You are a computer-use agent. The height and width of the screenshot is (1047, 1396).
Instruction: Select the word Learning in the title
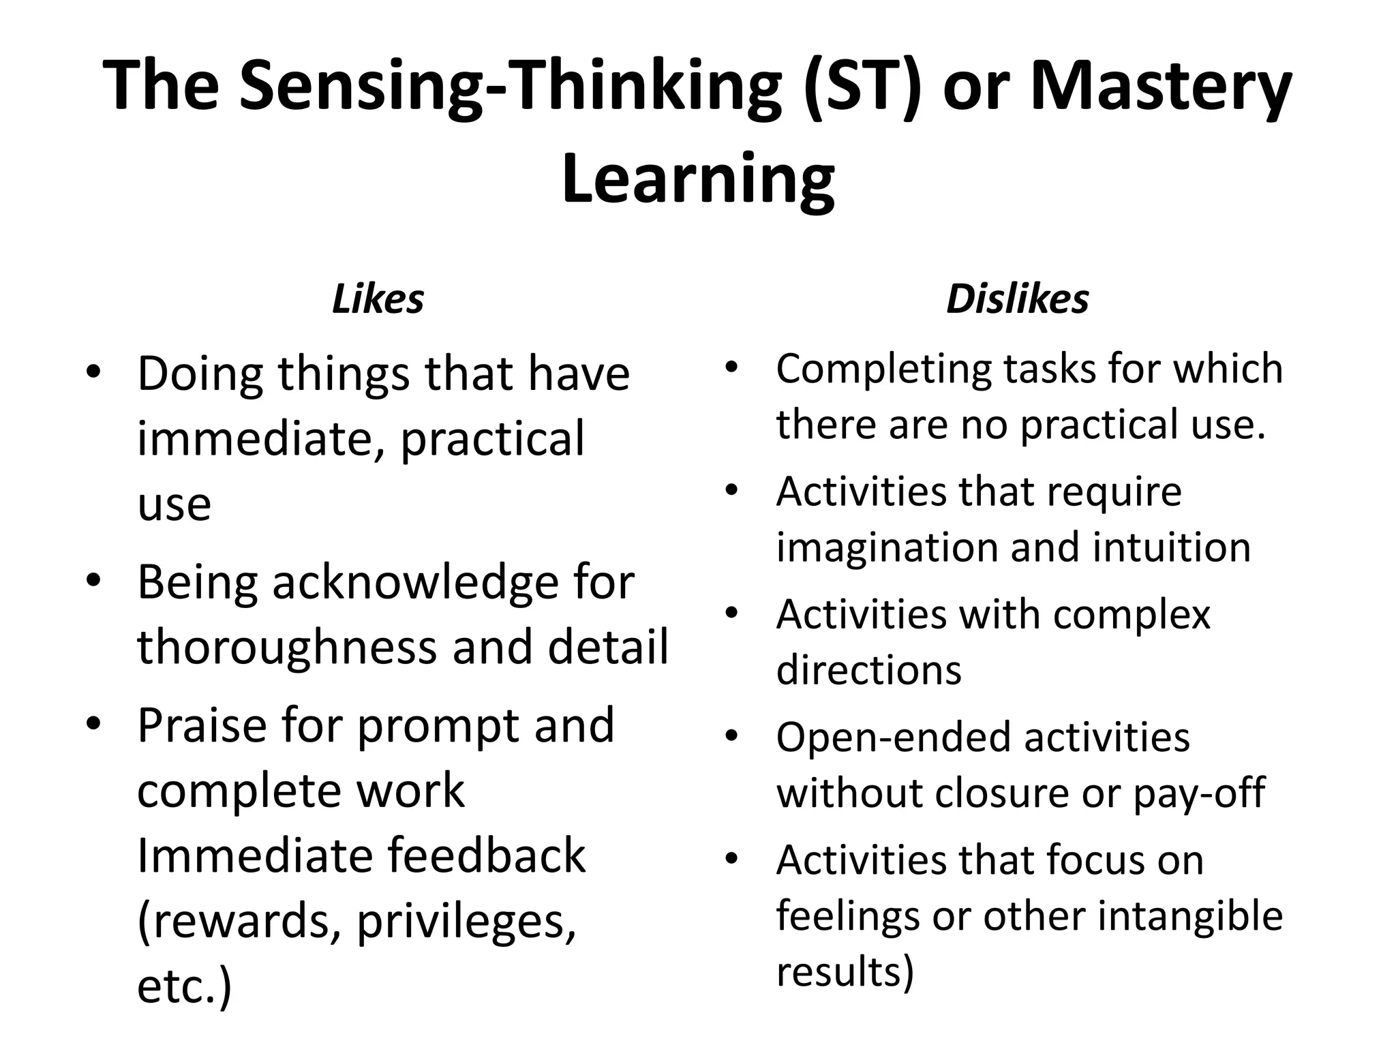pos(698,179)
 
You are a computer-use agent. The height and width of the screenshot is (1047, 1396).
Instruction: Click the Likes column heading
pos(378,299)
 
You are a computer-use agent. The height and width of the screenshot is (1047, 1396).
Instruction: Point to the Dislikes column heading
pos(1017,299)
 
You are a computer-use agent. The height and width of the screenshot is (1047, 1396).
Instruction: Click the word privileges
pos(466,922)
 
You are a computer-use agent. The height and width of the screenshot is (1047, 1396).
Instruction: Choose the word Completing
pos(882,369)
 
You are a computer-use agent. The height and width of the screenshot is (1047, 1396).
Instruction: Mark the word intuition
pos(1172,547)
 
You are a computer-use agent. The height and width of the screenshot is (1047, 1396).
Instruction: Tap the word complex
pos(1132,615)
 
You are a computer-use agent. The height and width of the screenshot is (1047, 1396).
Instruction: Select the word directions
pos(868,669)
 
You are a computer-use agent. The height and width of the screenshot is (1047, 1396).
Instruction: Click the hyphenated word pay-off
pos(1199,793)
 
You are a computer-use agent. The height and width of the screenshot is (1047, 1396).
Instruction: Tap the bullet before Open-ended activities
pos(732,737)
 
